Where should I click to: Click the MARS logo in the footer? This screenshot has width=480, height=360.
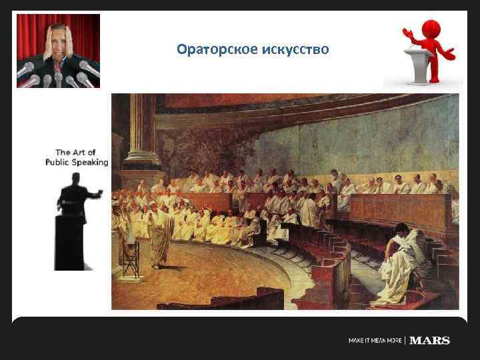pyautogui.click(x=430, y=341)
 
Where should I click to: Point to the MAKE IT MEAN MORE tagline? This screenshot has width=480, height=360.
pyautogui.click(x=375, y=341)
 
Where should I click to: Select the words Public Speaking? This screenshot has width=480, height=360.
pyautogui.click(x=77, y=161)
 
